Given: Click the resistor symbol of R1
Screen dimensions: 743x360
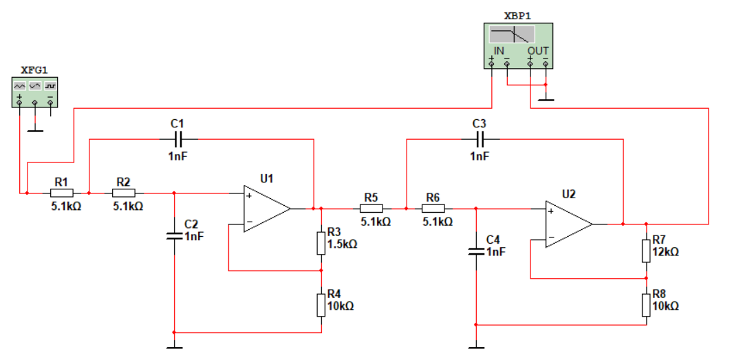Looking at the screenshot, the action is tap(62, 193).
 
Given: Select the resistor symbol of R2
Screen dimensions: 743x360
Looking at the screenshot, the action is tap(124, 193).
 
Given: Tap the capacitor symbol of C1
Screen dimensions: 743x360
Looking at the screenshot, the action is tap(177, 139).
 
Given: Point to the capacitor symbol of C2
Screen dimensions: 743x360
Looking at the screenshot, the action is tap(174, 235).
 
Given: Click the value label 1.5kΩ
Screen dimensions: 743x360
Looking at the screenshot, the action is tap(342, 244).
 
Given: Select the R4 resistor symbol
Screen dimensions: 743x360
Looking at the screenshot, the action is tap(321, 305).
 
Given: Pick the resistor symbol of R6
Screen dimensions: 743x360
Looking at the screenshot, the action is tap(433, 208).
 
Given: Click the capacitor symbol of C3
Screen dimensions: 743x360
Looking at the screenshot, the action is tap(480, 139).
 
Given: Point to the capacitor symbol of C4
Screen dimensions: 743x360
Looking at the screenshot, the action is tap(476, 251).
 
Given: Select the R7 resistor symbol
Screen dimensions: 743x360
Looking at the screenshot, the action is tap(646, 251).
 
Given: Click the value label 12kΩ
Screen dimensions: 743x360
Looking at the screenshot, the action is tap(665, 252).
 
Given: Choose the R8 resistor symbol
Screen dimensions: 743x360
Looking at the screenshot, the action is tap(646, 305).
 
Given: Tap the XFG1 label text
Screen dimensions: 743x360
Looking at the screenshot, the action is tap(34, 70).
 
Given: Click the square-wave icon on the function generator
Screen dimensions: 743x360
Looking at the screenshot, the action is tap(51, 86).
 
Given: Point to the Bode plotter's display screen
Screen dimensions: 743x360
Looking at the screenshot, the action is tap(512, 34).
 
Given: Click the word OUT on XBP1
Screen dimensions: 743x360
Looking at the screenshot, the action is tap(538, 51).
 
